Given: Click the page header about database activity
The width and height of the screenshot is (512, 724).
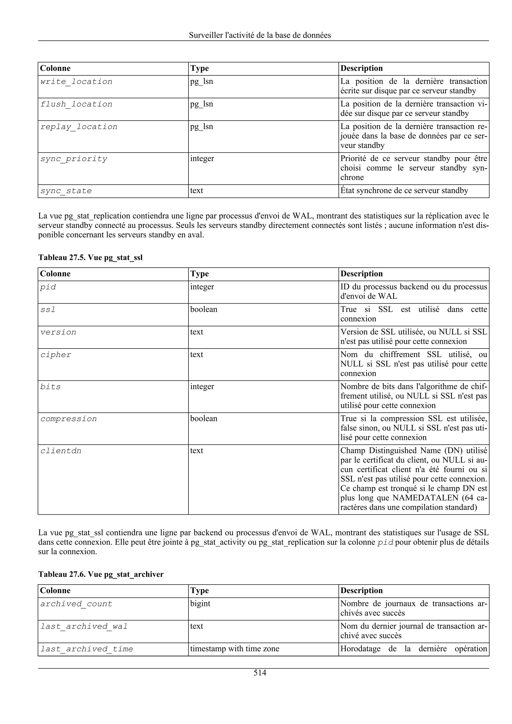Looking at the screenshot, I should [260, 35].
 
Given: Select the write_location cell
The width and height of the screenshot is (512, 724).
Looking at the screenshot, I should [76, 82].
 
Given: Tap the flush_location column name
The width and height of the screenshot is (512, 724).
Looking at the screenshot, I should [76, 104].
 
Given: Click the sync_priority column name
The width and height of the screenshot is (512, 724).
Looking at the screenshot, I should [73, 159].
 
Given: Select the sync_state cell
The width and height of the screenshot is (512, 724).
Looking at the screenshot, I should [66, 191].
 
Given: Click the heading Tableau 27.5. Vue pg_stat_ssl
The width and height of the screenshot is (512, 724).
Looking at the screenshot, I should [90, 258].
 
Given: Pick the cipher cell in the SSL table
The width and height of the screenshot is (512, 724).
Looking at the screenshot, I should [56, 355].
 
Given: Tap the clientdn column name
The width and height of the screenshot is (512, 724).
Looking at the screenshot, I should [61, 451].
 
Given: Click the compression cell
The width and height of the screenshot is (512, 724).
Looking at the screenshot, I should [68, 419].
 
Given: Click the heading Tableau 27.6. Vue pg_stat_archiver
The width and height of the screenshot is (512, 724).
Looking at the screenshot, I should [101, 574].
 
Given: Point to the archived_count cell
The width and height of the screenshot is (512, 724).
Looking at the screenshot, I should [76, 604].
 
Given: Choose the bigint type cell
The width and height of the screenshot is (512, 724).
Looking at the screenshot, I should [200, 604].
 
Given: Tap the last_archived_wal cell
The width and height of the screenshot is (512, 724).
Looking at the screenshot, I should [84, 627].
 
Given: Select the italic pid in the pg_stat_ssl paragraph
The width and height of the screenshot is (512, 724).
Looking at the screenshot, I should [385, 543].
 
